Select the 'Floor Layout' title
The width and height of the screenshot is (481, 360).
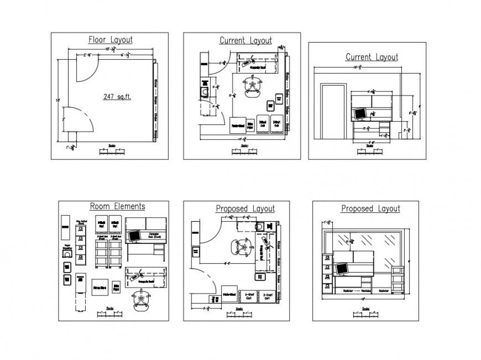[x=111, y=40]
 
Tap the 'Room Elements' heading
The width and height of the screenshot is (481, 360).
[x=118, y=206]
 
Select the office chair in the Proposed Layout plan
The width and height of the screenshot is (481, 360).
[x=242, y=246]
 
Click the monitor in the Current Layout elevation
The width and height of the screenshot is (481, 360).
[x=360, y=113]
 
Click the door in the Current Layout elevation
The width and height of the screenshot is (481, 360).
[x=333, y=112]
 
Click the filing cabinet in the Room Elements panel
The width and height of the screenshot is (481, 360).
[x=81, y=243]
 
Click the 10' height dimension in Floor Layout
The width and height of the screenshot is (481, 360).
[x=57, y=101]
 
